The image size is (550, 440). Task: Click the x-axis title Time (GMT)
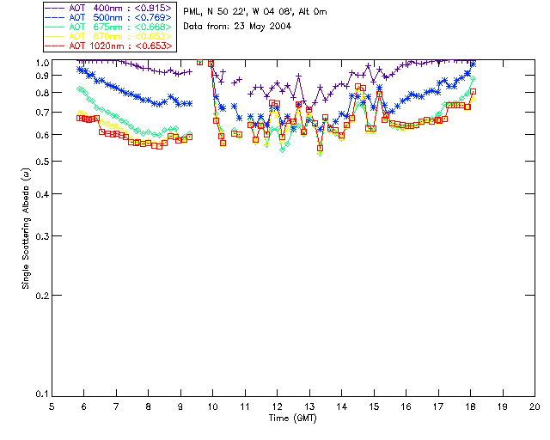pyautogui.click(x=292, y=418)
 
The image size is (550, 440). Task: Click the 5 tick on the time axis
pyautogui.click(x=52, y=407)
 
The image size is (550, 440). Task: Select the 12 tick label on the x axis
pyautogui.click(x=277, y=407)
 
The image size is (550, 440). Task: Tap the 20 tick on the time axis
pyautogui.click(x=534, y=407)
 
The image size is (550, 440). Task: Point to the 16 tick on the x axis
pyautogui.click(x=406, y=407)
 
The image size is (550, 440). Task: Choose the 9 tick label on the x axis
pyautogui.click(x=180, y=407)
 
